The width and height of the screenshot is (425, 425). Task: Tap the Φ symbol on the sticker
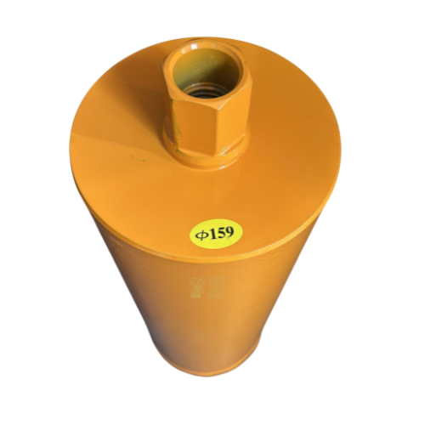tap(200, 234)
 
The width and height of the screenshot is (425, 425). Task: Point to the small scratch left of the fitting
tap(136, 157)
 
